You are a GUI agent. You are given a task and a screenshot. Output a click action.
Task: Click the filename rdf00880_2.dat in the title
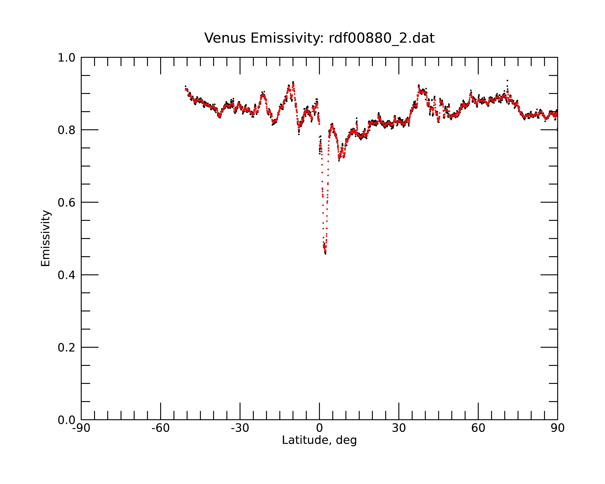point(382,38)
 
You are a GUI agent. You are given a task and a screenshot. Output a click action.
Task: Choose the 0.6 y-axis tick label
point(67,203)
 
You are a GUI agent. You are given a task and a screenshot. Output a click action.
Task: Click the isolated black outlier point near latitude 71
point(507,80)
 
